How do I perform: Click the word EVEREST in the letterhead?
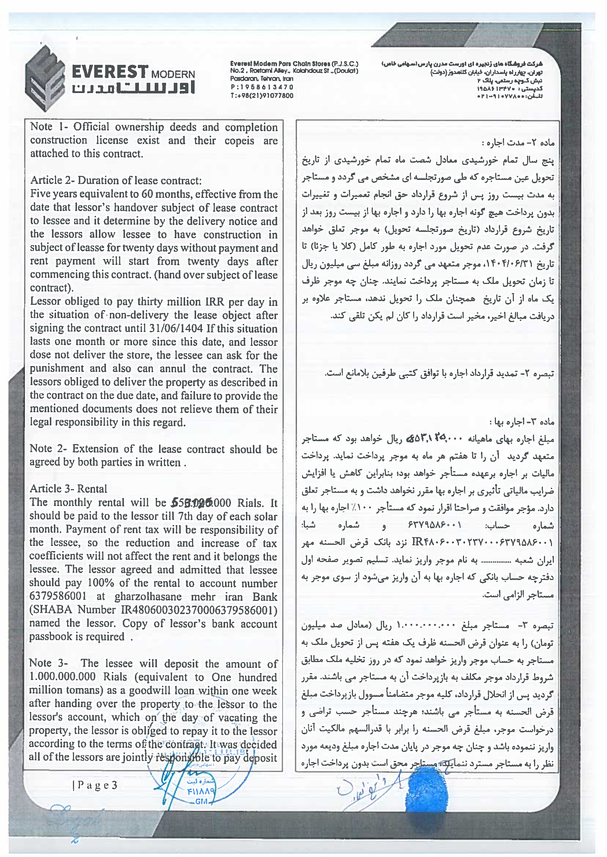pos(110,71)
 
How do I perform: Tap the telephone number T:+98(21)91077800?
pos(262,96)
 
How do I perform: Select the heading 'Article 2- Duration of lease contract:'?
pos(116,180)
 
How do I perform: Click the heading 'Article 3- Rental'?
pos(69,489)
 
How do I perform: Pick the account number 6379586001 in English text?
pos(58,596)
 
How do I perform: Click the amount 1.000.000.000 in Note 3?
pos(62,677)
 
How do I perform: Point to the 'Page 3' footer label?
pos(95,785)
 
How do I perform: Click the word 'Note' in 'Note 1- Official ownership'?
pos(41,127)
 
